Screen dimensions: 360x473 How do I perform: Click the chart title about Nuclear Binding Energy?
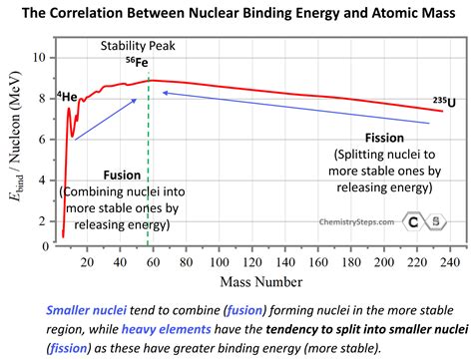pos(236,13)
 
